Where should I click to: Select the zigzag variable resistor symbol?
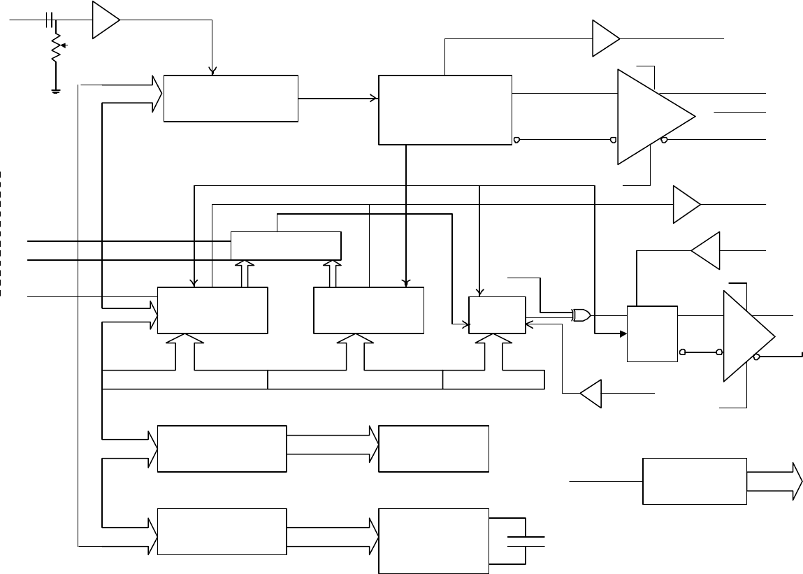[x=56, y=50]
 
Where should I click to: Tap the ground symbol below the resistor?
[x=55, y=89]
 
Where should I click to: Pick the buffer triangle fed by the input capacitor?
[x=105, y=20]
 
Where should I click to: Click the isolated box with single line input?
[x=694, y=481]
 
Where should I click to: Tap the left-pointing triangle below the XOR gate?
[x=591, y=394]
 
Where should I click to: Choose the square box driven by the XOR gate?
[x=652, y=333]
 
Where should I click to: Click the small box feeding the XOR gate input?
[x=497, y=315]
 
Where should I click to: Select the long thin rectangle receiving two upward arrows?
[x=286, y=245]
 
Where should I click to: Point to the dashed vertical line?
[x=1, y=231]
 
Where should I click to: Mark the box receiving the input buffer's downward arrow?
[x=231, y=98]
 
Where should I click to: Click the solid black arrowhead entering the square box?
[x=622, y=333]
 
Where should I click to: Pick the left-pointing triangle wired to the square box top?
[x=706, y=250]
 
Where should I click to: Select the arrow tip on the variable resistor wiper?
[x=63, y=48]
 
